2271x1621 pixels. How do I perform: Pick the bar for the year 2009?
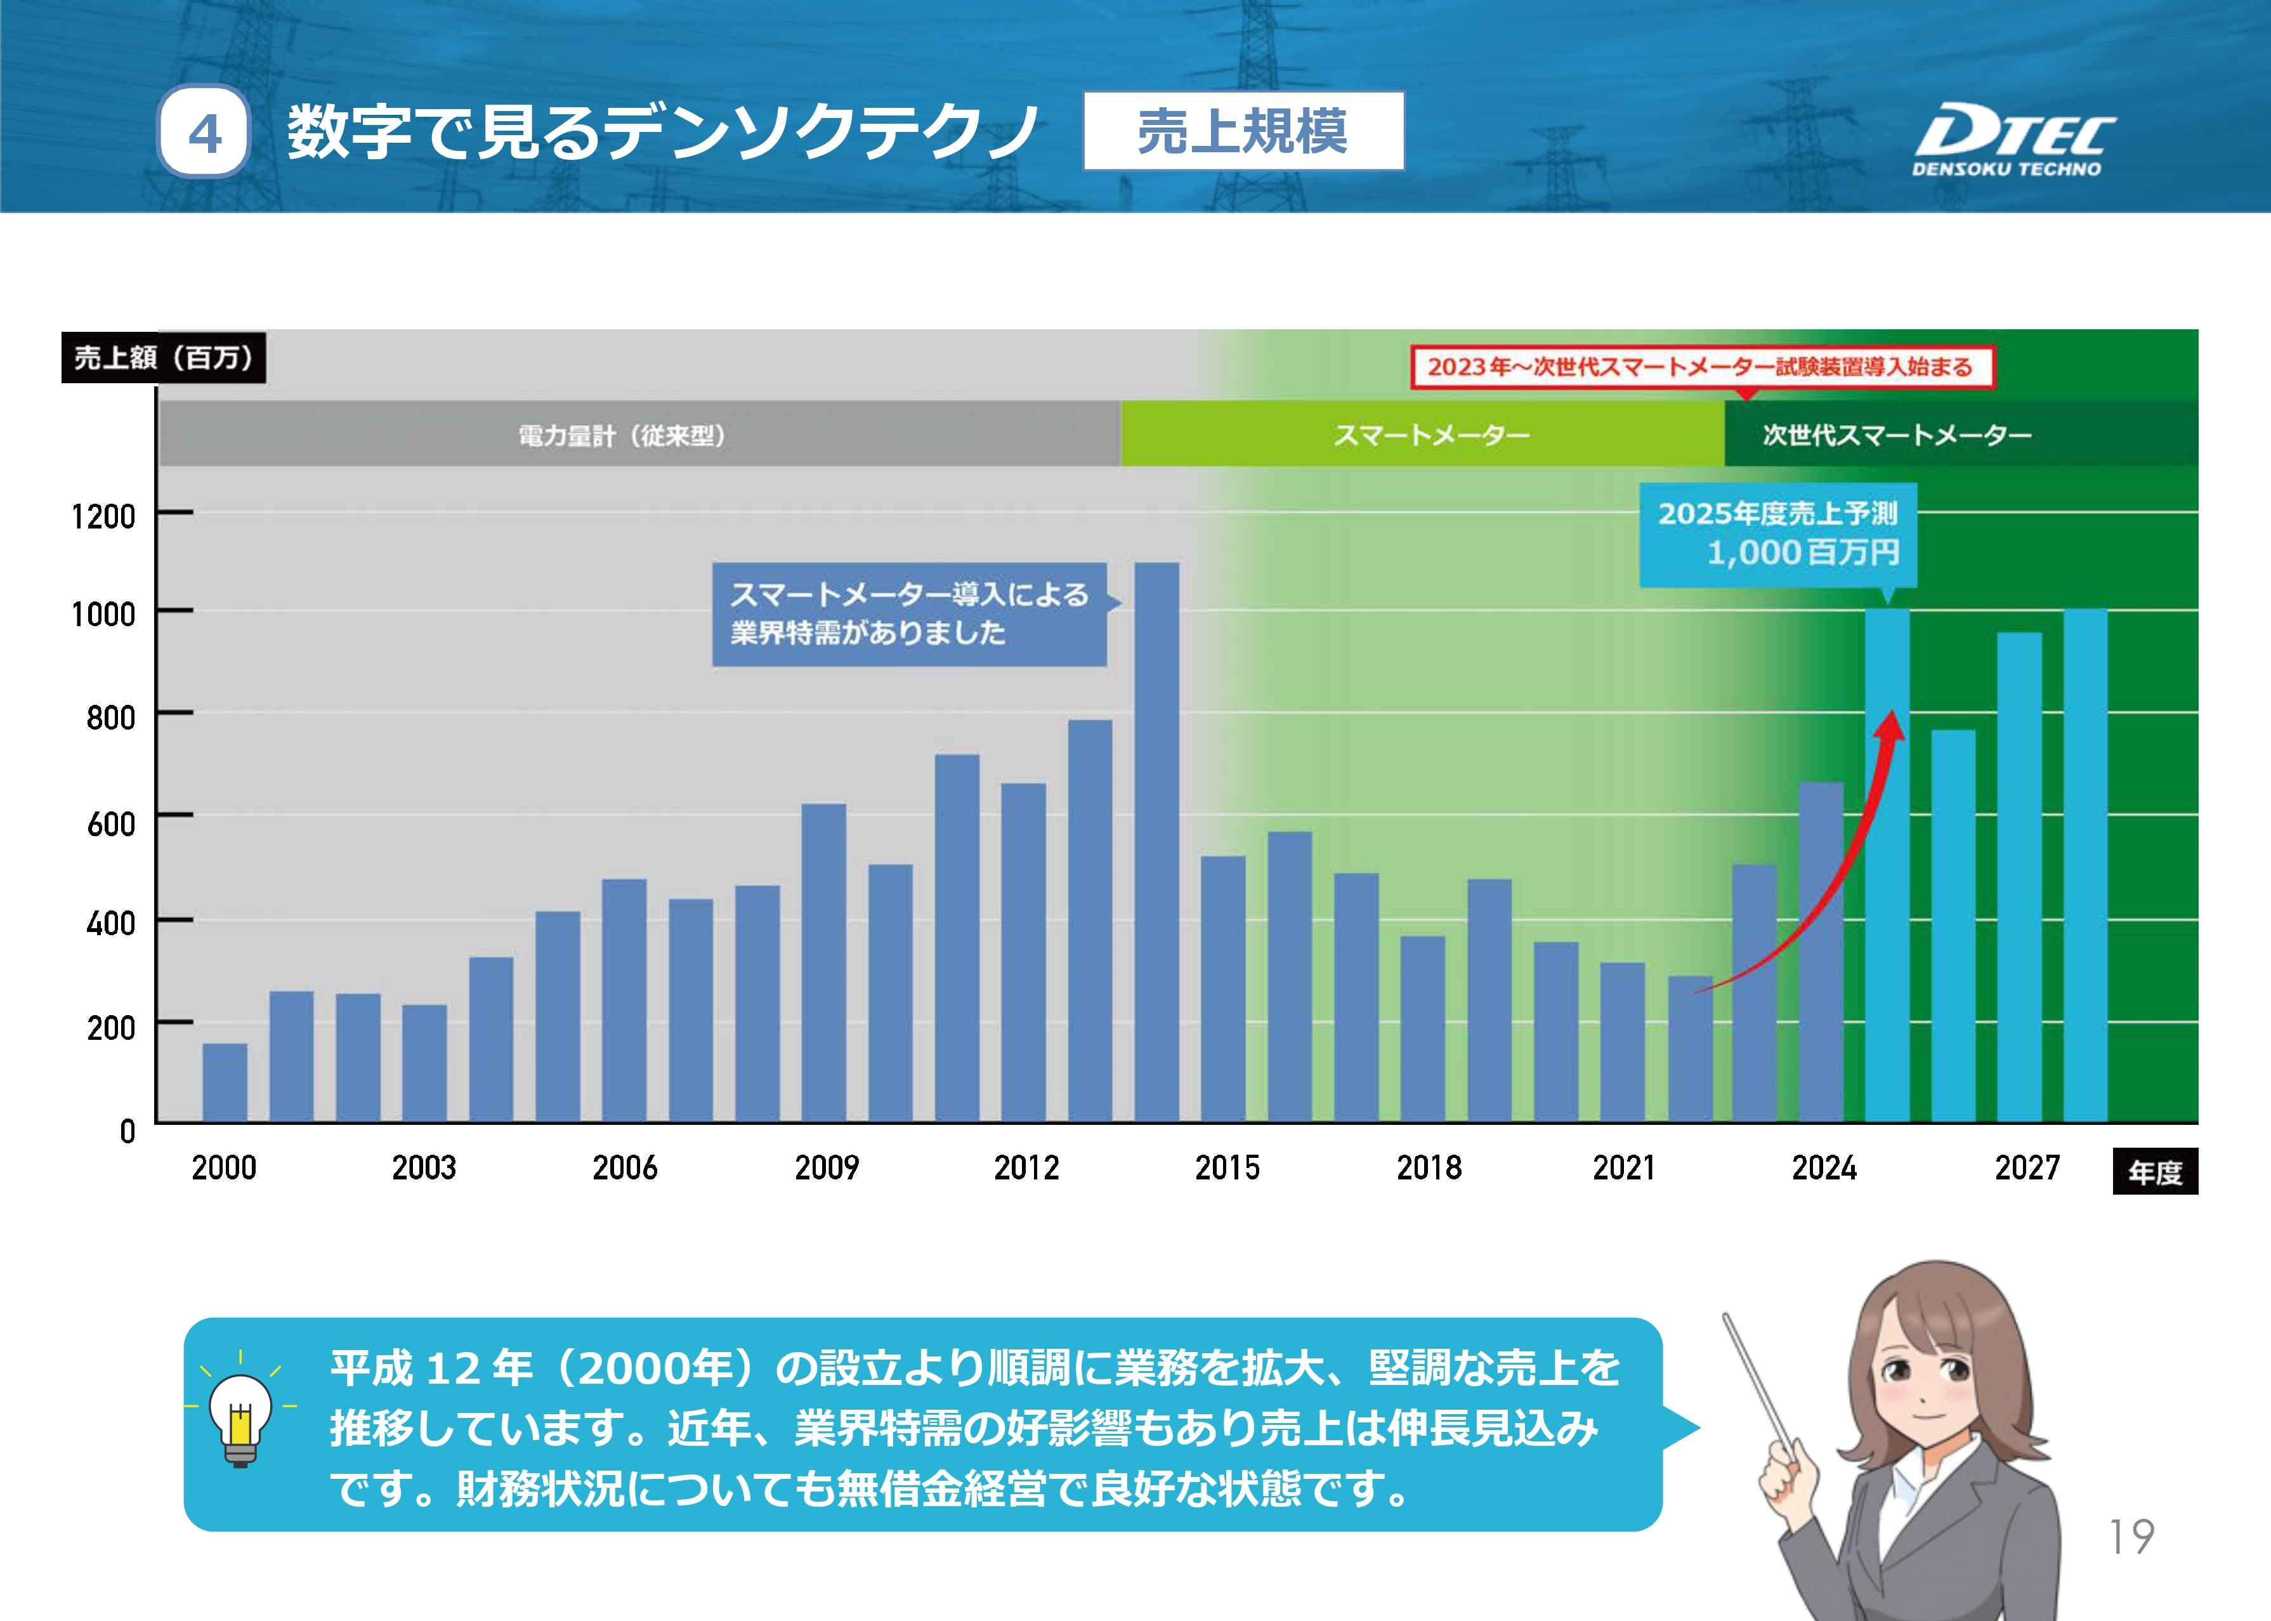[823, 962]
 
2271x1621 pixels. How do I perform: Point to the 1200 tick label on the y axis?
[103, 516]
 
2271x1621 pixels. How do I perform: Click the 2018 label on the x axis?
[1428, 1167]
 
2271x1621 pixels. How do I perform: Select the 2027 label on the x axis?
[2027, 1167]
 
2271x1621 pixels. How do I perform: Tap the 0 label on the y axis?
[128, 1131]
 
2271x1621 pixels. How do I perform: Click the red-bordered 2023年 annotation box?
[1701, 366]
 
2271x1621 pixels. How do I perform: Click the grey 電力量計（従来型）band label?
[622, 435]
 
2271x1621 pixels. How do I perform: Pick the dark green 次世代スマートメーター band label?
[1897, 434]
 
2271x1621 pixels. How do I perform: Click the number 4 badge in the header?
[204, 133]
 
